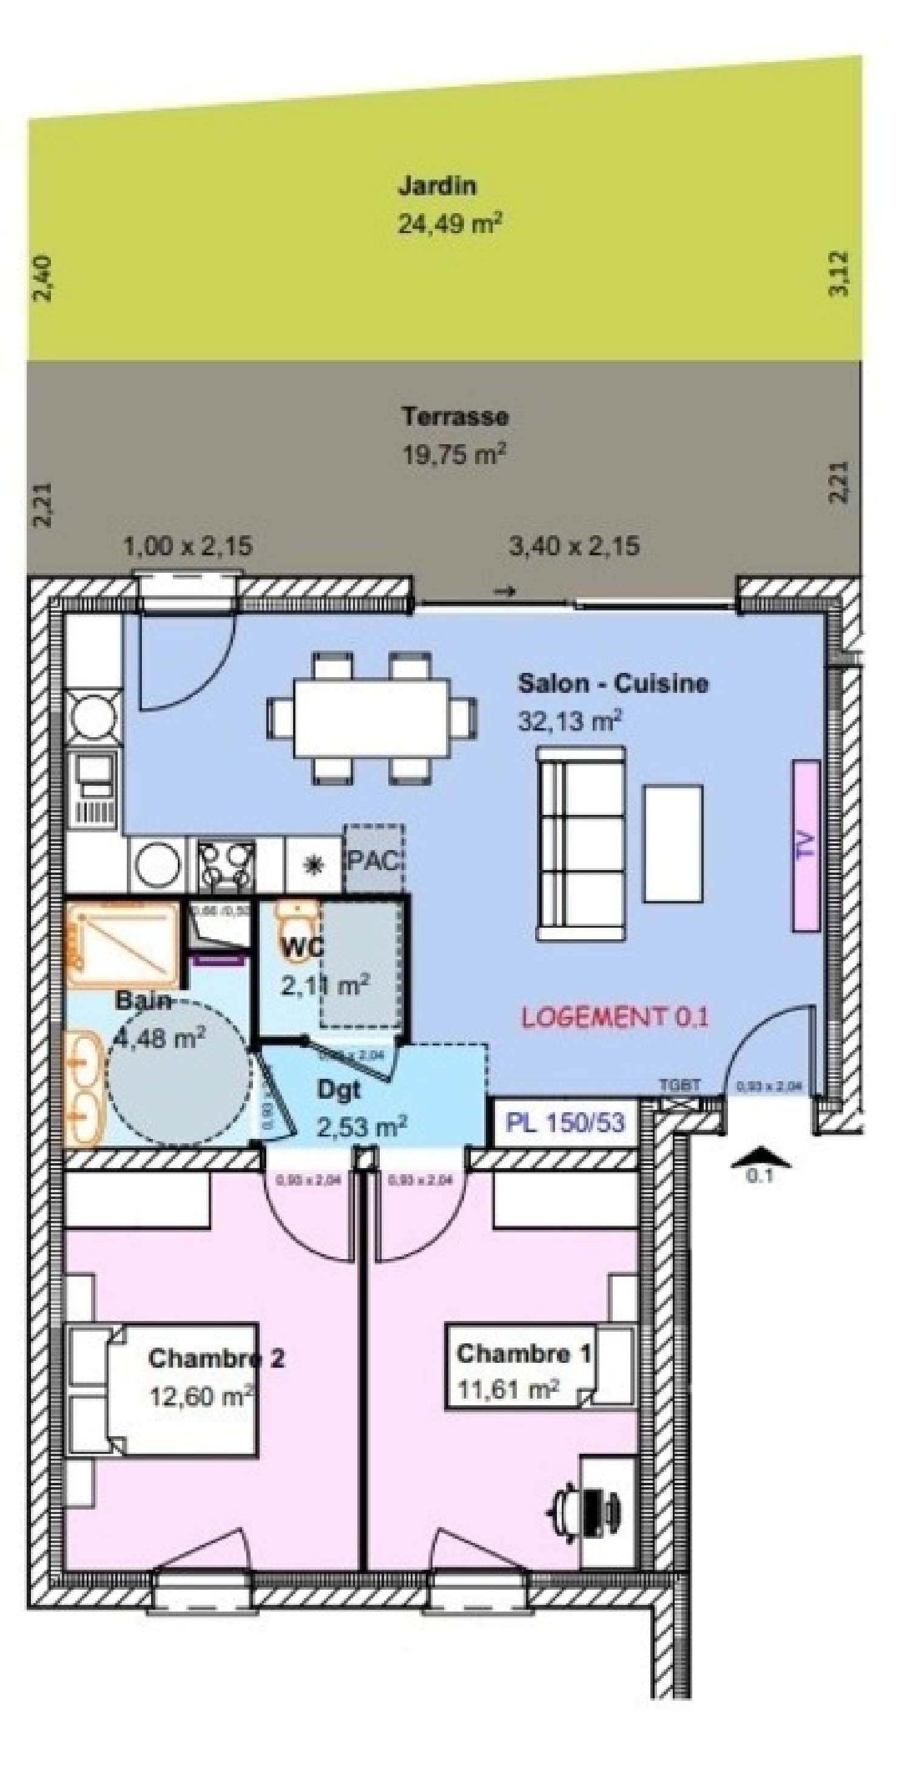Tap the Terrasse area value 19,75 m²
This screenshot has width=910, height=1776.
pos(454,455)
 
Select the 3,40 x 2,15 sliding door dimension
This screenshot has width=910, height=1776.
pos(573,547)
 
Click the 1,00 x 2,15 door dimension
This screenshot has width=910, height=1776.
pos(187,547)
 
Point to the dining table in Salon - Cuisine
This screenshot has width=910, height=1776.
pos(372,717)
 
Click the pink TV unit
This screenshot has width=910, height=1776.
pos(805,845)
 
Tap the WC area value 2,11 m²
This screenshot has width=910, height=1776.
pos(325,985)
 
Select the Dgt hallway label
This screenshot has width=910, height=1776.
pos(339,1089)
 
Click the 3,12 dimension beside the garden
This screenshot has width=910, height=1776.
pos(838,274)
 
